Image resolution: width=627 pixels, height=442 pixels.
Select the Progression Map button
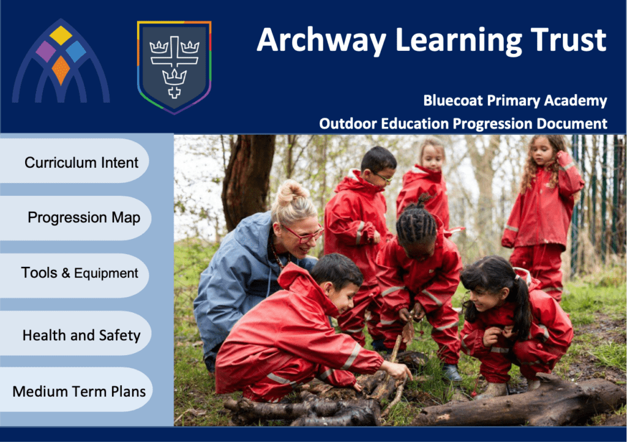coord(76,218)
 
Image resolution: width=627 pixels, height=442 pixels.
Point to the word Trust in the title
coord(569,40)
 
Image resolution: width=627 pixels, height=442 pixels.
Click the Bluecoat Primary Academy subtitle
coord(515,100)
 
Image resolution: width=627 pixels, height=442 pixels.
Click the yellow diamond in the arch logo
coord(61,36)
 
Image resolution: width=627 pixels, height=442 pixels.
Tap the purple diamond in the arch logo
coord(45,51)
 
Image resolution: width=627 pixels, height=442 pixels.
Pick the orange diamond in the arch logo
coord(61,70)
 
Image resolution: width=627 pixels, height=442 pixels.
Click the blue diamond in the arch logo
coord(75,51)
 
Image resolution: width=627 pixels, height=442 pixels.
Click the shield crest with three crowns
coord(174,67)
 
